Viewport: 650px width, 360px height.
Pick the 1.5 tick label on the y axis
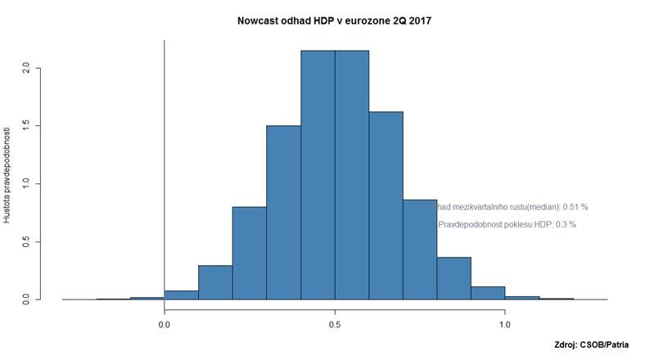click(x=28, y=125)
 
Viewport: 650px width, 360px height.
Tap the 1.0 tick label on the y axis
click(x=28, y=183)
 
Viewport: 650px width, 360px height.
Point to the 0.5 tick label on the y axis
click(x=28, y=241)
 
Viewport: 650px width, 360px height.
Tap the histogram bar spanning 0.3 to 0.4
click(x=283, y=213)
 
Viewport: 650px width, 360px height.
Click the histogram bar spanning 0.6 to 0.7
click(x=386, y=205)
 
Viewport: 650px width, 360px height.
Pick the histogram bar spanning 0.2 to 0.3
click(x=250, y=253)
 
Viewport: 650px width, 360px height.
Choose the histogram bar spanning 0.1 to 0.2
click(x=215, y=282)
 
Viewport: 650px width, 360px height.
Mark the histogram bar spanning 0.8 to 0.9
click(x=454, y=279)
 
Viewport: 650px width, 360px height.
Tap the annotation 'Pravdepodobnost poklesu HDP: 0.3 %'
click(x=508, y=224)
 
